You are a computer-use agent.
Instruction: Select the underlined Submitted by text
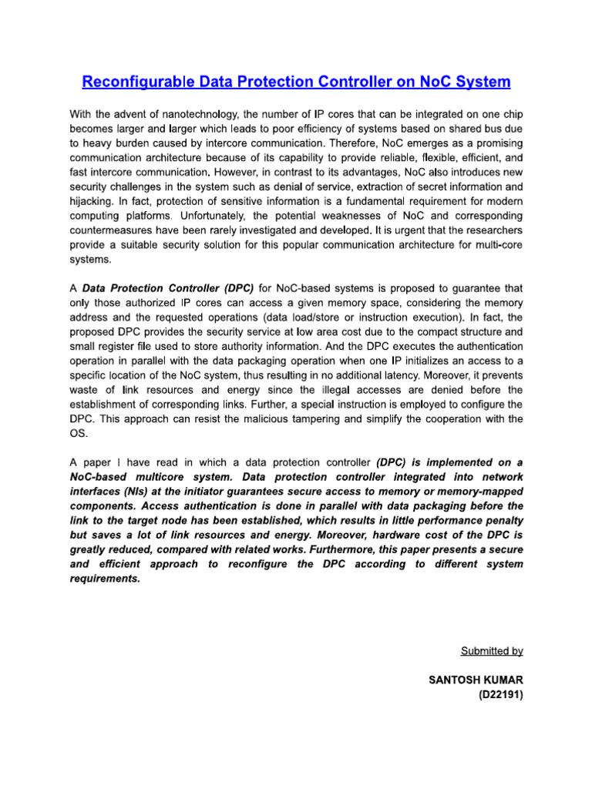[492, 651]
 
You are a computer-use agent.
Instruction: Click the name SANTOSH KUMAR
[475, 681]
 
